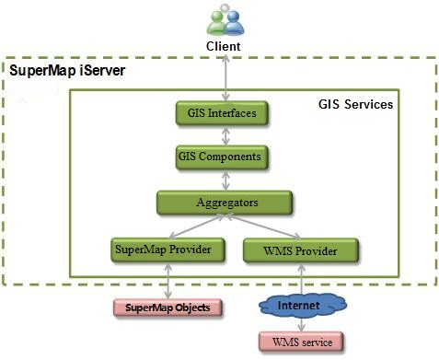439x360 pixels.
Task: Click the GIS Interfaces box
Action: pos(222,113)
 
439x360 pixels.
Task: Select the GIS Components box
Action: pos(222,157)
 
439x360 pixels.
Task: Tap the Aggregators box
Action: pos(225,203)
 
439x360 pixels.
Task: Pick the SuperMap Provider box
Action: pos(168,250)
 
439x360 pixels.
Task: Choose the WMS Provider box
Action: pos(300,250)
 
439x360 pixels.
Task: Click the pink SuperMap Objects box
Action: pos(168,308)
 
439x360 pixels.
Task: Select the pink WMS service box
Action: pos(301,342)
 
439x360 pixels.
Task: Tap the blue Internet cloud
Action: pos(302,306)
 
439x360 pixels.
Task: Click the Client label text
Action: pos(223,46)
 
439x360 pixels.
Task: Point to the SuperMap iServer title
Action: pos(67,71)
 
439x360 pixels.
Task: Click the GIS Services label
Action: pos(355,104)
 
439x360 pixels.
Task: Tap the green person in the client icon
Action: pos(216,22)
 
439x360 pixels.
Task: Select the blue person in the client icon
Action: pos(234,22)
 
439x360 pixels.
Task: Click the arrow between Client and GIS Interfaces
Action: pos(225,77)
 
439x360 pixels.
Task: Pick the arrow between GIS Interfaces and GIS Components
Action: pos(225,135)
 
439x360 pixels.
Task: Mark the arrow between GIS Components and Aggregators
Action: pos(225,180)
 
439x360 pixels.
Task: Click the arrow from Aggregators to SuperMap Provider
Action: pos(196,226)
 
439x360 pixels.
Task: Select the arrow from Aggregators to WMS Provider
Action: pos(263,226)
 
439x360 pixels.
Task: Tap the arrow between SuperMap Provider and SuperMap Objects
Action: pos(168,281)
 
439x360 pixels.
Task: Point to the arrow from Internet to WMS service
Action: pos(302,324)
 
